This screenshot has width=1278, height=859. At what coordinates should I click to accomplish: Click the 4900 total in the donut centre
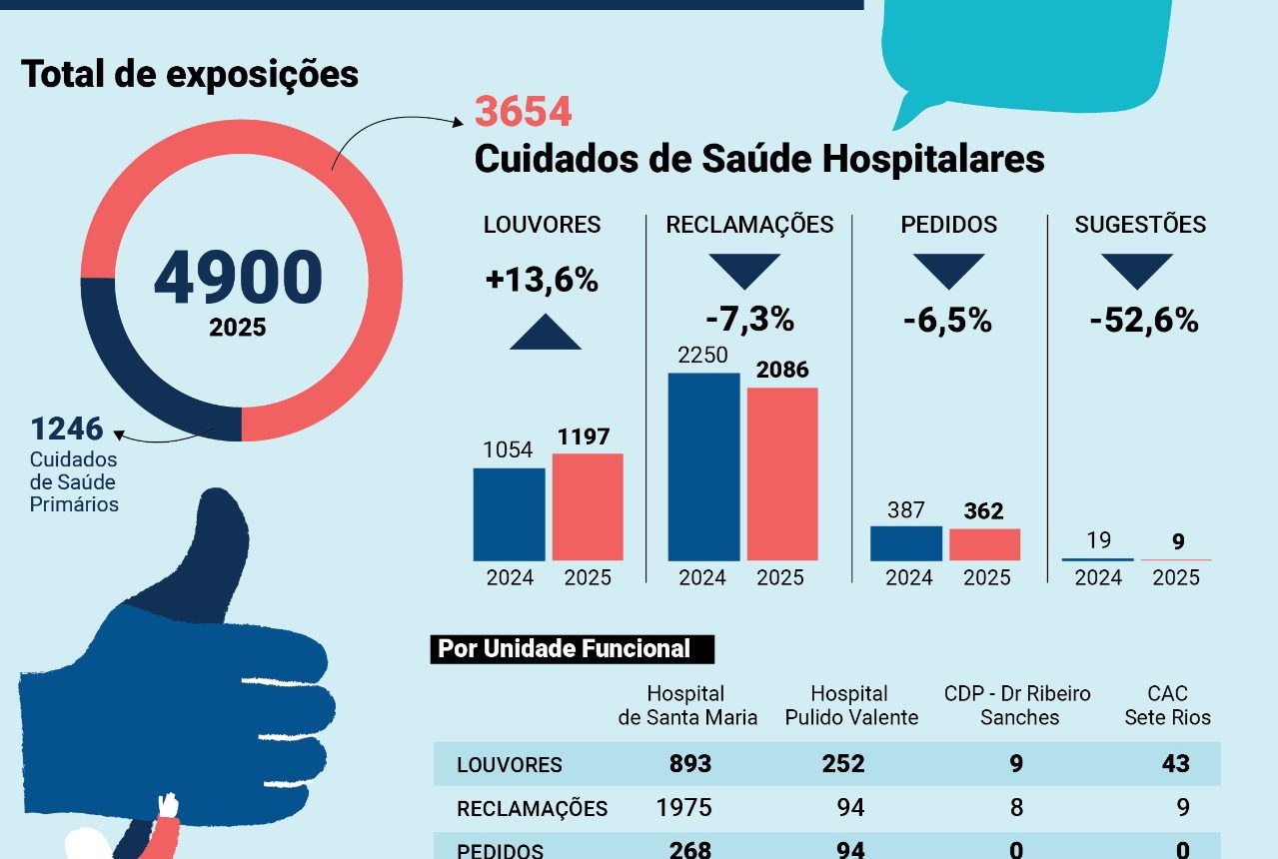tap(238, 277)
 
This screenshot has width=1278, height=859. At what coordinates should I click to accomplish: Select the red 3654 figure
tap(523, 112)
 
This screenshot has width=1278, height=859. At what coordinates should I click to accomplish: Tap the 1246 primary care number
tap(67, 429)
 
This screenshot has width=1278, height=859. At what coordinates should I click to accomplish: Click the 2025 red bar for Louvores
tap(588, 506)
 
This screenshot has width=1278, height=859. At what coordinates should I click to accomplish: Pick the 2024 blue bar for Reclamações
tap(703, 465)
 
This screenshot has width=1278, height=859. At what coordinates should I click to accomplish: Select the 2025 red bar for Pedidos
tap(984, 544)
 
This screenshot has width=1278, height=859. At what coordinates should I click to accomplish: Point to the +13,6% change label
tap(542, 281)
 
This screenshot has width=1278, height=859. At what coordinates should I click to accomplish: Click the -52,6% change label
tap(1143, 321)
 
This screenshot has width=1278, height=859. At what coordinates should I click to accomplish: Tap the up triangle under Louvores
tap(545, 333)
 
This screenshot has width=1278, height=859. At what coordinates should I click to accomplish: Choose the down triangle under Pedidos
tap(948, 270)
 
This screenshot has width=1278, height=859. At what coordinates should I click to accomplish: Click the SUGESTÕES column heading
tap(1140, 225)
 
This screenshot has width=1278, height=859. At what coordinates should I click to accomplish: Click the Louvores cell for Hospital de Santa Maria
tap(690, 764)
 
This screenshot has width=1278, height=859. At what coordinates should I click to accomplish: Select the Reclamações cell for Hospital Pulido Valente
tap(850, 807)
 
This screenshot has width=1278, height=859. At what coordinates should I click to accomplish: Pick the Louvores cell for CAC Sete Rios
tap(1175, 764)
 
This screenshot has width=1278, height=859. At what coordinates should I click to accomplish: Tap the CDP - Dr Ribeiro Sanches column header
tap(1018, 705)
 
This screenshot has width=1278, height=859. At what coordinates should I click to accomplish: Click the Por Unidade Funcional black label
tap(565, 649)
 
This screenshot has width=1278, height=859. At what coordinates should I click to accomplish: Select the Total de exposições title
tap(190, 74)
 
